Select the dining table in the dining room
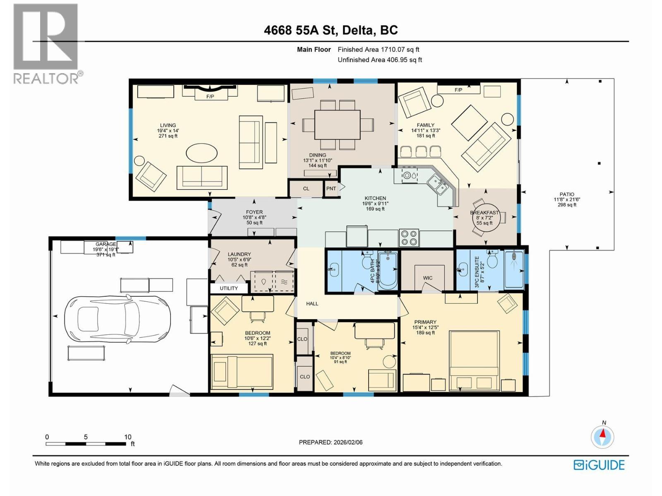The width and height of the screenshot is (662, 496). coord(337,124)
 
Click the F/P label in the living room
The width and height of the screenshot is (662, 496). coord(210,96)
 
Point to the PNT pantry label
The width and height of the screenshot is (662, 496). coord(331,188)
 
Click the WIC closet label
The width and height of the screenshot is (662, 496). coord(427,278)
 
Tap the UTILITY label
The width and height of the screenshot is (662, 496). coord(229,288)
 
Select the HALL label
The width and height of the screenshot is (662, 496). coord(312,303)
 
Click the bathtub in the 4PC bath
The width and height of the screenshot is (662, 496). coord(388,271)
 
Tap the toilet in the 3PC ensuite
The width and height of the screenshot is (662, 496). coord(492,260)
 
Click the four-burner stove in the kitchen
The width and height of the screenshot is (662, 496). coord(409,238)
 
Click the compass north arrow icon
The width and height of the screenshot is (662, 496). coord(602,436)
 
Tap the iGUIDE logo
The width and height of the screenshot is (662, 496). coord(599,465)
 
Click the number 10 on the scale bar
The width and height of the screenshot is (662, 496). coord(128,437)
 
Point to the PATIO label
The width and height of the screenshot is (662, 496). coord(567,194)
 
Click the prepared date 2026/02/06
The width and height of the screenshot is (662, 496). coord(348,442)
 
